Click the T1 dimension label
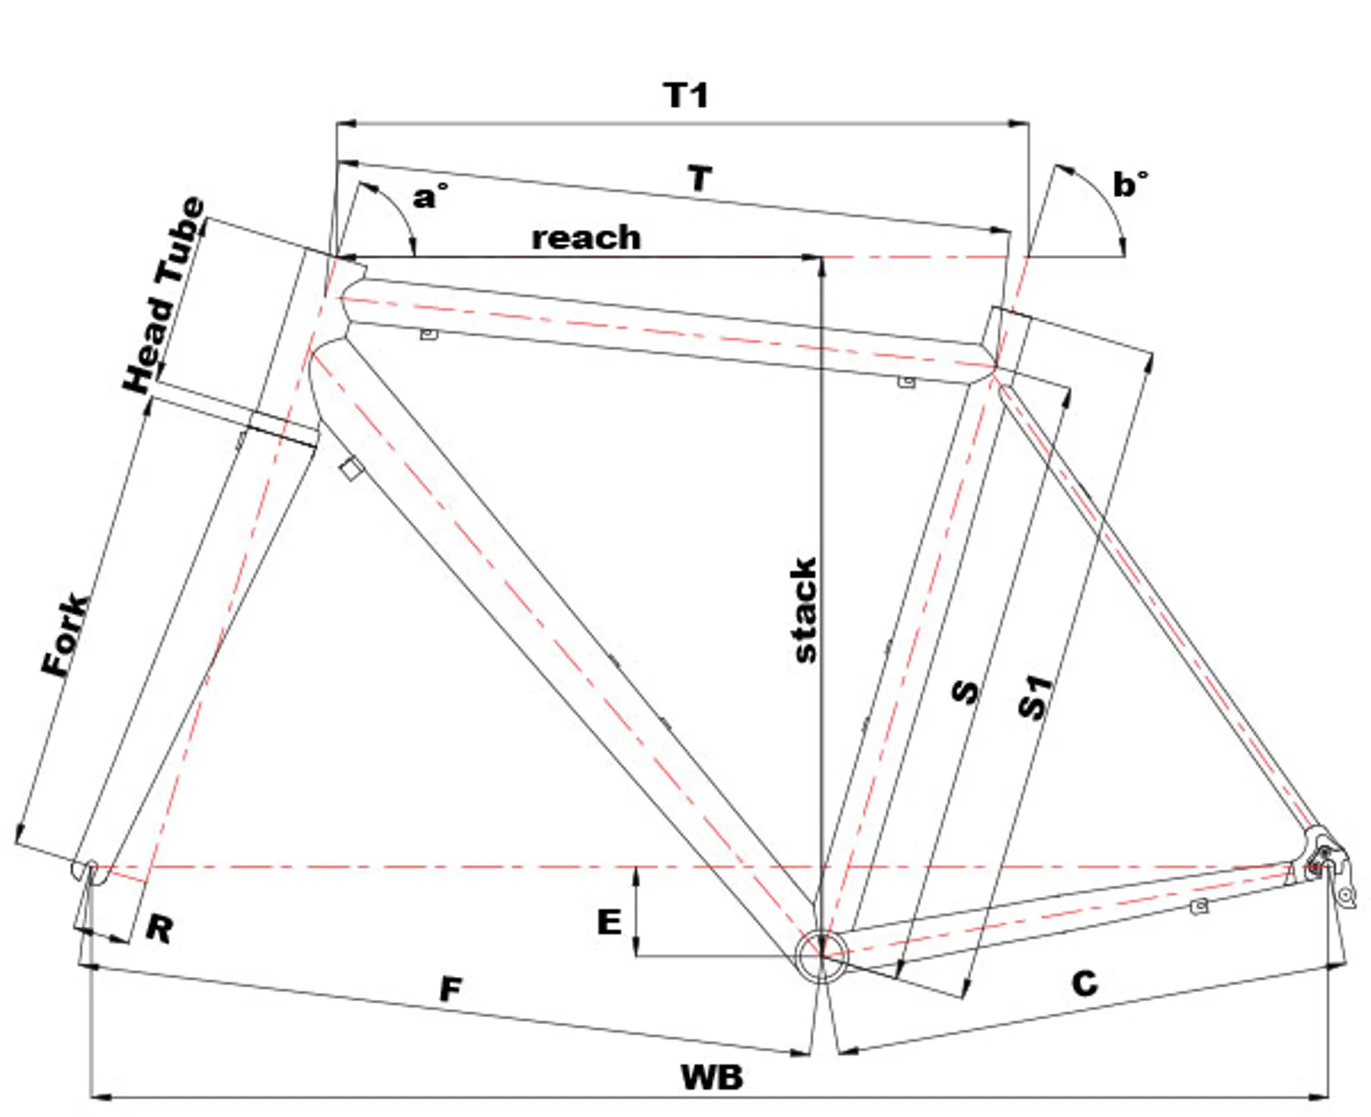pyautogui.click(x=685, y=96)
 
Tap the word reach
pyautogui.click(x=586, y=239)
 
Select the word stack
pyautogui.click(x=805, y=610)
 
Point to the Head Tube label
pyautogui.click(x=164, y=295)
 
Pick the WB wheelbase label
pyautogui.click(x=712, y=1077)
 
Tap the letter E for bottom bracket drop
pyautogui.click(x=609, y=922)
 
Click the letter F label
pyautogui.click(x=451, y=989)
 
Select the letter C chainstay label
pyautogui.click(x=1085, y=983)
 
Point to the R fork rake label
pyautogui.click(x=159, y=929)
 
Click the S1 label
pyautogui.click(x=1035, y=697)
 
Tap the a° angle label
pyautogui.click(x=430, y=196)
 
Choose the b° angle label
pyautogui.click(x=1130, y=184)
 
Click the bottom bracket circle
pyautogui.click(x=823, y=956)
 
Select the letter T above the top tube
pyautogui.click(x=700, y=179)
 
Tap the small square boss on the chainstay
pyautogui.click(x=1200, y=906)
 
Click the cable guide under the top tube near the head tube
pyautogui.click(x=428, y=334)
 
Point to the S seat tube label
pyautogui.click(x=966, y=691)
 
